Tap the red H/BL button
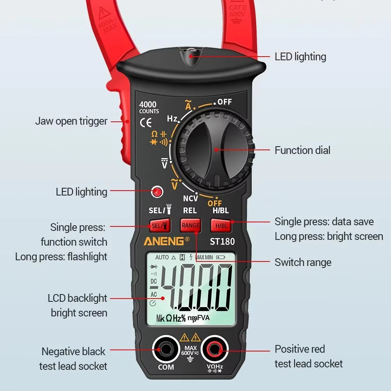tap(221, 225)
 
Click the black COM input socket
tap(166, 349)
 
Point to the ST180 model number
tap(222, 241)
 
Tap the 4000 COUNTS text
tap(149, 108)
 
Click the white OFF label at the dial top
tap(224, 102)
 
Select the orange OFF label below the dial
tap(215, 203)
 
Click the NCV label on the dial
tap(190, 198)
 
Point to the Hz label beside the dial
tap(172, 119)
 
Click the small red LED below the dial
tap(156, 191)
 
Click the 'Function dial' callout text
tap(302, 150)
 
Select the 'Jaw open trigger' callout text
tap(71, 121)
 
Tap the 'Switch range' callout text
tap(303, 262)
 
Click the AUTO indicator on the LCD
tap(162, 258)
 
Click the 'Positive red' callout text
tap(300, 349)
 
